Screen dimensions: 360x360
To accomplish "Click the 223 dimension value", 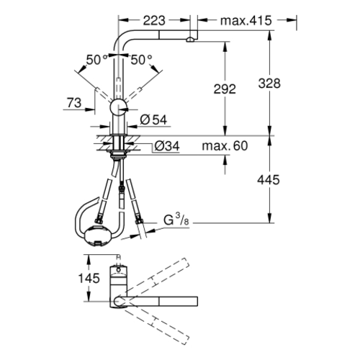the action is click(x=154, y=21).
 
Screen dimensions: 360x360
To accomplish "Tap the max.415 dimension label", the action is click(x=246, y=21).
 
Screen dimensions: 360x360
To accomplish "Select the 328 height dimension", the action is click(x=269, y=84).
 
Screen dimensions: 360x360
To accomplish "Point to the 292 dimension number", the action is click(x=225, y=89).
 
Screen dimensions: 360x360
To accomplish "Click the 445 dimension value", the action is click(x=269, y=179).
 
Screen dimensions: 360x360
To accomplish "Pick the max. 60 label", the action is click(x=225, y=145).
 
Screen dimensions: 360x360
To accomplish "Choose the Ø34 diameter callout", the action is click(x=167, y=145).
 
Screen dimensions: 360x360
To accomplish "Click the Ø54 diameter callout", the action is click(x=153, y=120).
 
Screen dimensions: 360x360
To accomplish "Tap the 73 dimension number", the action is click(x=74, y=103).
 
